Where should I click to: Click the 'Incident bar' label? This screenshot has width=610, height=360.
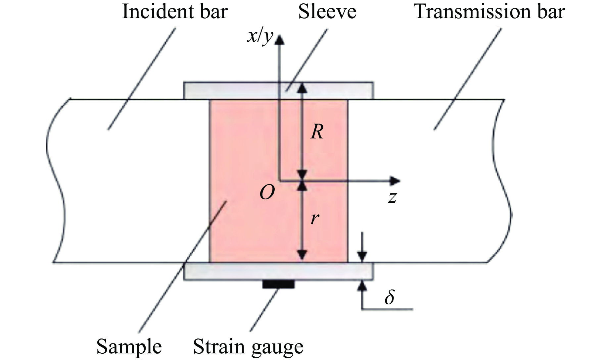(x=175, y=12)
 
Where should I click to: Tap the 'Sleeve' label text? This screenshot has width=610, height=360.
(x=327, y=12)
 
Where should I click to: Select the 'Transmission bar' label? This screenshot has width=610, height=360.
(x=489, y=12)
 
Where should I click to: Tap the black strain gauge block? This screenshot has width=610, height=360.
(x=278, y=284)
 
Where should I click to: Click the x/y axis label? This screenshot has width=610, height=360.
(x=260, y=36)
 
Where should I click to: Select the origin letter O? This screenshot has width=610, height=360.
(x=267, y=192)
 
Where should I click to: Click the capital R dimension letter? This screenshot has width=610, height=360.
(x=317, y=132)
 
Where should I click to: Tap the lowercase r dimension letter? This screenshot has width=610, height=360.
(x=315, y=219)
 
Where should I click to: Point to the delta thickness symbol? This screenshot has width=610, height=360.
(x=390, y=297)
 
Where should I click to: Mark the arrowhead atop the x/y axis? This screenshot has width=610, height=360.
(x=280, y=40)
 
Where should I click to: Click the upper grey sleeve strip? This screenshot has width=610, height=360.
(x=232, y=90)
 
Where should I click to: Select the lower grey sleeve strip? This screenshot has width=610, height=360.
(x=232, y=272)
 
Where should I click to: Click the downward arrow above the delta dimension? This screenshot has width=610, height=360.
(x=363, y=255)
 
